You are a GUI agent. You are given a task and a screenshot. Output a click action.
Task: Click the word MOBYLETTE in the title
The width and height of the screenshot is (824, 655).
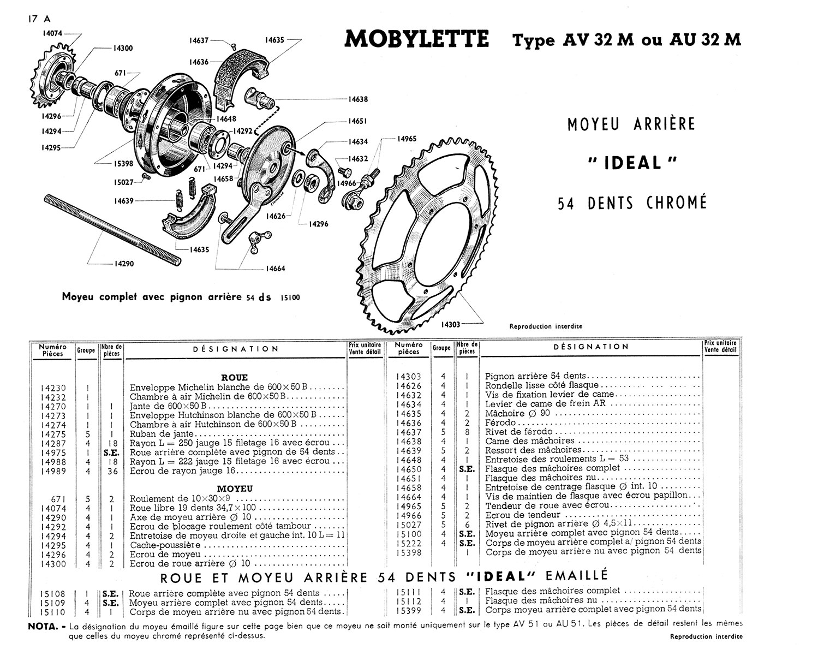pyautogui.click(x=417, y=40)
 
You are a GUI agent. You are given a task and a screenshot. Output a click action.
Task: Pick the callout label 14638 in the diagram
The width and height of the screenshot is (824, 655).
pyautogui.click(x=358, y=99)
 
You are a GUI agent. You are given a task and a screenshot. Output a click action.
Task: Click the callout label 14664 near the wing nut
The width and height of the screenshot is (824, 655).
pyautogui.click(x=275, y=269)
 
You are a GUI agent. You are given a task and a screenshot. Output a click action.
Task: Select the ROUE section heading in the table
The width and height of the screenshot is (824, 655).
pyautogui.click(x=236, y=377)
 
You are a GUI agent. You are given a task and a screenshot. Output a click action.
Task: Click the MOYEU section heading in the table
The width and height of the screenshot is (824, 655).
pyautogui.click(x=235, y=489)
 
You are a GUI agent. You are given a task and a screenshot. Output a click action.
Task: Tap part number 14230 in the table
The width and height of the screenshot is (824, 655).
pyautogui.click(x=53, y=388)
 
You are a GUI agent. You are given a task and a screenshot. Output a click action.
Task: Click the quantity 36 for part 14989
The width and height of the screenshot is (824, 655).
pyautogui.click(x=112, y=471)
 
